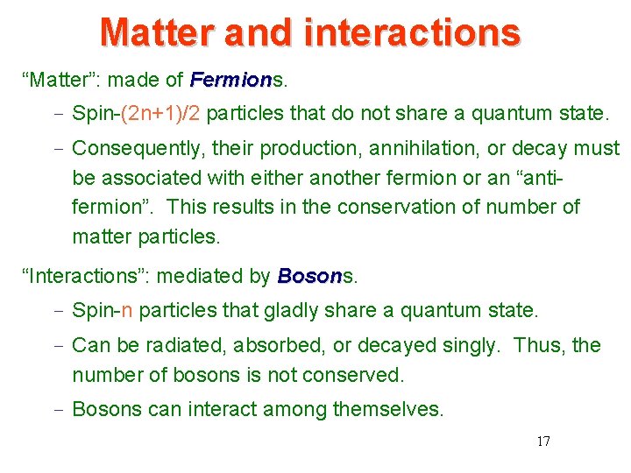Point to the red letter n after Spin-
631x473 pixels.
coord(127,310)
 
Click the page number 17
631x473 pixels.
coord(542,441)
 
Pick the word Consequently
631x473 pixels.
coord(130,148)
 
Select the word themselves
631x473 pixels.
coord(396,409)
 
